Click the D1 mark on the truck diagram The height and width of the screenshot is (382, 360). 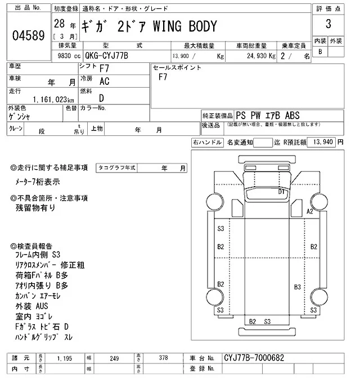click(282, 192)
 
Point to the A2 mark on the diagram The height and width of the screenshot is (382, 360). click(309, 211)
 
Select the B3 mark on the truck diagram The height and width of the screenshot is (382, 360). click(297, 287)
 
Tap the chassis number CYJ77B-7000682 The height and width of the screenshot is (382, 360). click(255, 357)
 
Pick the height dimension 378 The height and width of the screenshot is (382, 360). click(163, 357)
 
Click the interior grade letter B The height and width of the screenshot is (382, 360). click(321, 52)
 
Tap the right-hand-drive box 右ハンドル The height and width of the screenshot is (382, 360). click(207, 143)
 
